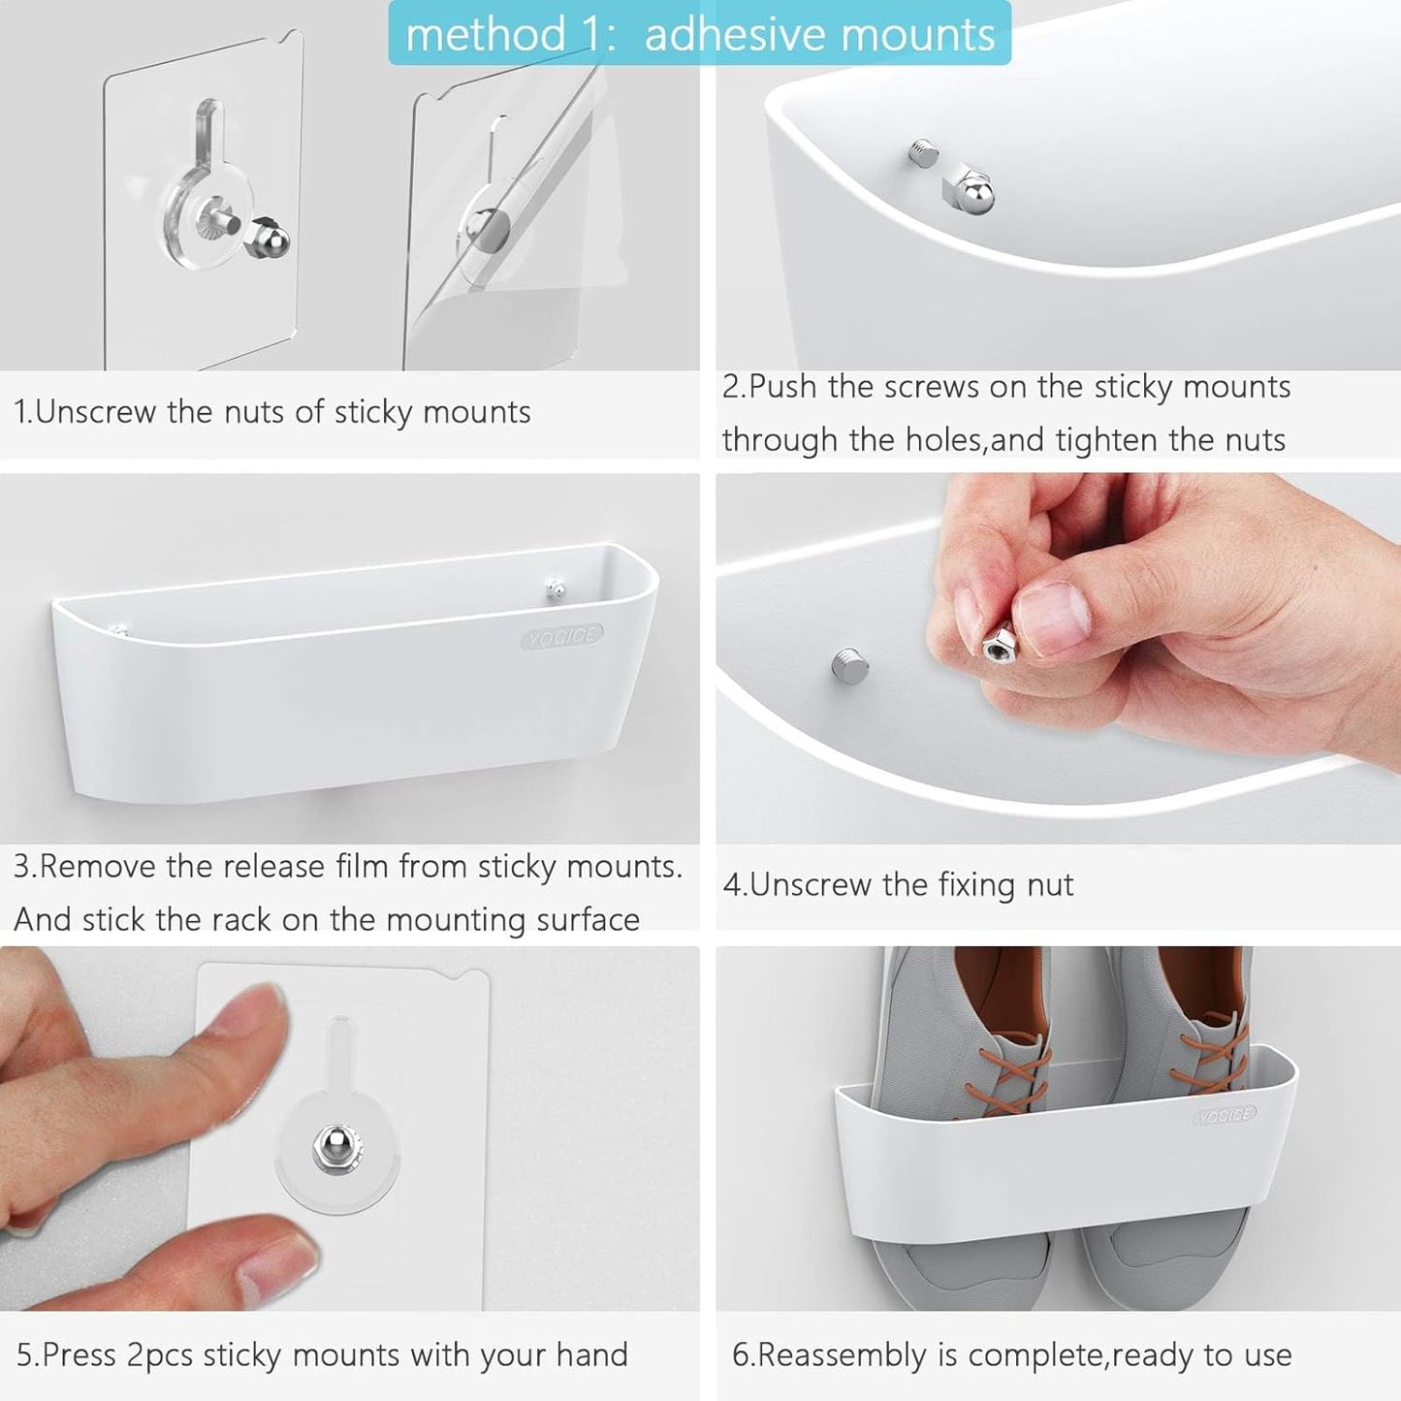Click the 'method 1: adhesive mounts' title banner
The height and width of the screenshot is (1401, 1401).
pos(699,34)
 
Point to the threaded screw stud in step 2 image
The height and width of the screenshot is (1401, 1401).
pos(924,153)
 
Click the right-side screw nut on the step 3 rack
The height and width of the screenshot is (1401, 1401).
pos(555,589)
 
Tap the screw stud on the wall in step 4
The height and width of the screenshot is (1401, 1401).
pos(849,666)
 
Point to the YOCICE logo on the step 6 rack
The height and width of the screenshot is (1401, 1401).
pos(1225,1115)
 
